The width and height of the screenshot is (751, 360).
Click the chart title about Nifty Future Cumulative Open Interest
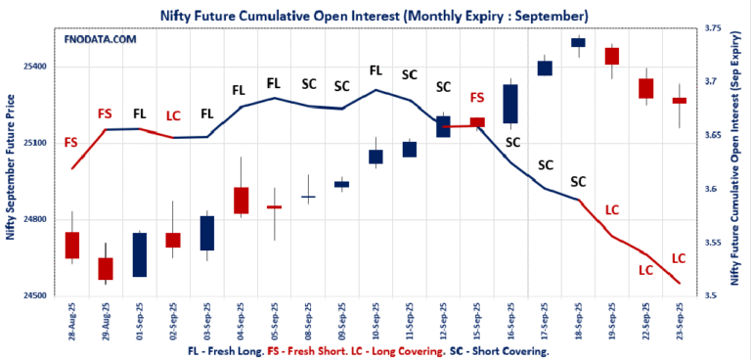tap(374, 16)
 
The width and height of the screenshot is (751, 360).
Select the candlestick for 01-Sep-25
tap(139, 254)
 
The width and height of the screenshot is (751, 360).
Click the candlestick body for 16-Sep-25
tap(509, 104)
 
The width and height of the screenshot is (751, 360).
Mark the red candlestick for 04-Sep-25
tap(241, 200)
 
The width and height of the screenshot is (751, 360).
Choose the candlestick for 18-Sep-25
tap(578, 42)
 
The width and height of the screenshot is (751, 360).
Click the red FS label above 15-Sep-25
tap(477, 98)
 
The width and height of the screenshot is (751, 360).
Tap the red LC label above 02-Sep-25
tap(173, 115)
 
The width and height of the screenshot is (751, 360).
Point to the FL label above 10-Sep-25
tap(375, 70)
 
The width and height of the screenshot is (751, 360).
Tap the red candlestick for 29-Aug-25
tap(106, 269)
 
